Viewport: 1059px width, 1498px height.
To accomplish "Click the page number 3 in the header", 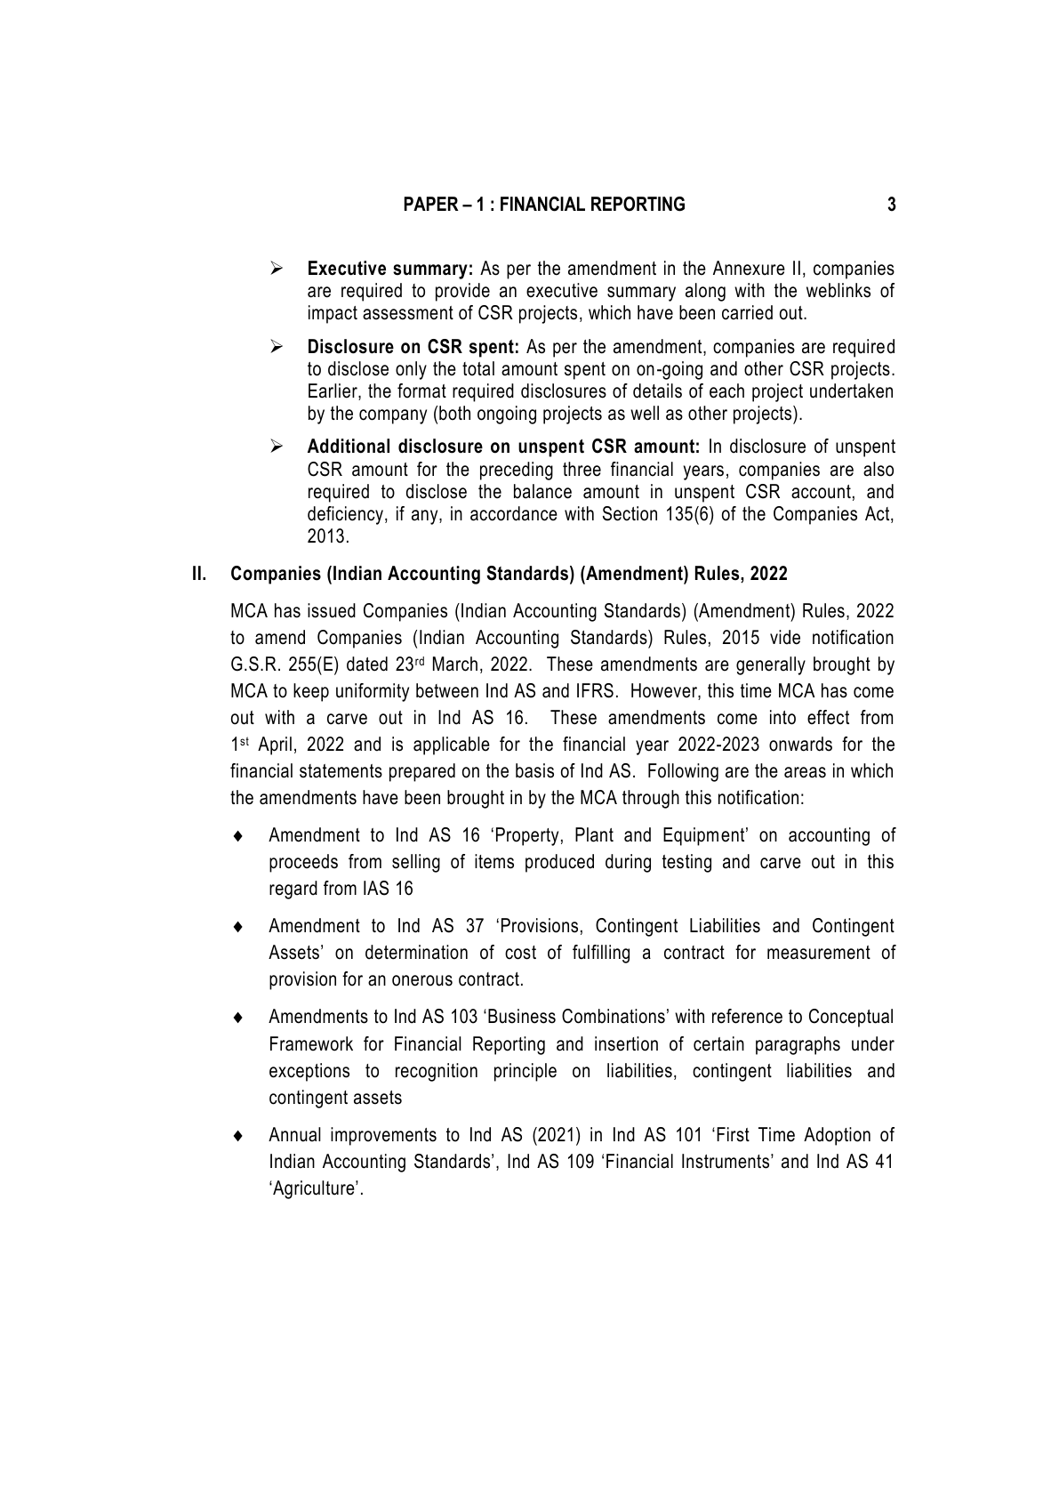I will pos(891,205).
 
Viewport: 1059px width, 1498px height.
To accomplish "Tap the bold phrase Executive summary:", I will pos(389,269).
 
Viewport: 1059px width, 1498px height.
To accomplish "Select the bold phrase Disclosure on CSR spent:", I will pos(413,347).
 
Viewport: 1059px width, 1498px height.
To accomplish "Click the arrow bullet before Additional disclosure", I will pos(277,447).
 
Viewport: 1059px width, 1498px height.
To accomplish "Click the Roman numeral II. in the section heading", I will pos(199,574).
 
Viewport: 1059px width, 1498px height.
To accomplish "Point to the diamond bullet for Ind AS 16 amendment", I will pos(237,836).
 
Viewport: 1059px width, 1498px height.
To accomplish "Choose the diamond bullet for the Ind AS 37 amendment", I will pos(237,927).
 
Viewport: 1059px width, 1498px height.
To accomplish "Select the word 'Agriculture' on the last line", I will pos(316,1189).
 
